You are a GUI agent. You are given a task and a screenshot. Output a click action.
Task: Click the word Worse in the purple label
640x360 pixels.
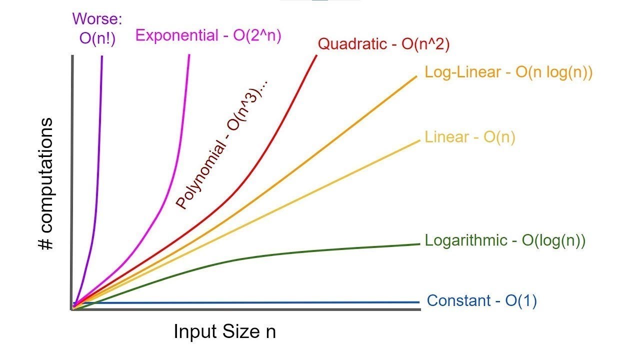[97, 19]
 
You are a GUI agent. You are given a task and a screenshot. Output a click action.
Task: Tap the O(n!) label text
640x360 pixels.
[97, 38]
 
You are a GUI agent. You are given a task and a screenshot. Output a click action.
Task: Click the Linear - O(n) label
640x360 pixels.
[469, 137]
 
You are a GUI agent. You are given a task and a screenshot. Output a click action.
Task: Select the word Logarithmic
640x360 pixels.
[465, 240]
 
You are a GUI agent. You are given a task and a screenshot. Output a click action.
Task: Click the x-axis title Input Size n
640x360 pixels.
[224, 331]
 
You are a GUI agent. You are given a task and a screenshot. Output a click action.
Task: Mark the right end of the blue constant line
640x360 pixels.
[417, 302]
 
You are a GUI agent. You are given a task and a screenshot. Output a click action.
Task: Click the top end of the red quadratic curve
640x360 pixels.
[316, 55]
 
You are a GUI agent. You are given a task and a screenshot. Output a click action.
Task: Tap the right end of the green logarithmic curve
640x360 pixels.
[417, 244]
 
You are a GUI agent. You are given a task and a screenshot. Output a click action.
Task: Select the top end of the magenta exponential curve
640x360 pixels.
[189, 55]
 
